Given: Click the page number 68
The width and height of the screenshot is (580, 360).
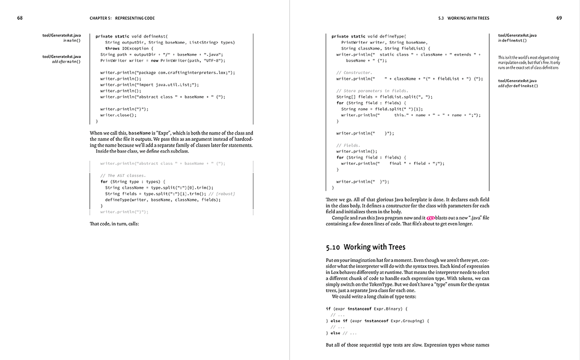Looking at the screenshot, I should [20, 18].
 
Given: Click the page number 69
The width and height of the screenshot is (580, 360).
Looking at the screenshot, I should [559, 18].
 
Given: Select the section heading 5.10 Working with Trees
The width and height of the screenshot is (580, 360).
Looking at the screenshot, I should [365, 247].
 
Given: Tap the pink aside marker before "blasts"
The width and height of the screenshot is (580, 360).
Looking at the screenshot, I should [430, 218].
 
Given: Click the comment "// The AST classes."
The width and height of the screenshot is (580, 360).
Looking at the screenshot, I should [123, 175].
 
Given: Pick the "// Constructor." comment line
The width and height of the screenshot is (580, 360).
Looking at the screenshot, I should [354, 73].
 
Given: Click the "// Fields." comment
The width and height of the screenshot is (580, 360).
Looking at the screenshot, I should [348, 145].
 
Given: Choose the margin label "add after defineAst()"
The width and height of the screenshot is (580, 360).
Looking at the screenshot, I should [518, 86].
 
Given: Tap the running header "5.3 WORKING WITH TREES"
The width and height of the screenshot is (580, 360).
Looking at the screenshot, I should [464, 18].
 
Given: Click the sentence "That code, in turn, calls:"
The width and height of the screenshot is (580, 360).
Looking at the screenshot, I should [114, 224].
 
